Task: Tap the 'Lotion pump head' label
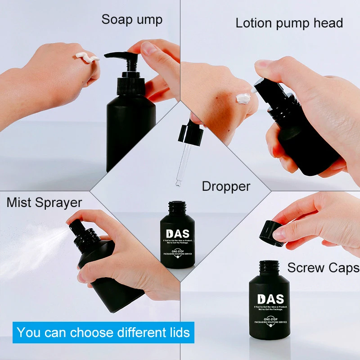pos(289,23)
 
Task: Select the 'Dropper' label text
pos(226,186)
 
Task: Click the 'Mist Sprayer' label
pos(44,202)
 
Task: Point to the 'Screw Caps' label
pos(323,268)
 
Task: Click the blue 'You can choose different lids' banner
pos(103,333)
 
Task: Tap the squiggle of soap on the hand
pos(87,57)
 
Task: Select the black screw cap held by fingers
pos(271,233)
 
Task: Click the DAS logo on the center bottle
pos(178,234)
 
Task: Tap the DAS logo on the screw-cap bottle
pos(270,299)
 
